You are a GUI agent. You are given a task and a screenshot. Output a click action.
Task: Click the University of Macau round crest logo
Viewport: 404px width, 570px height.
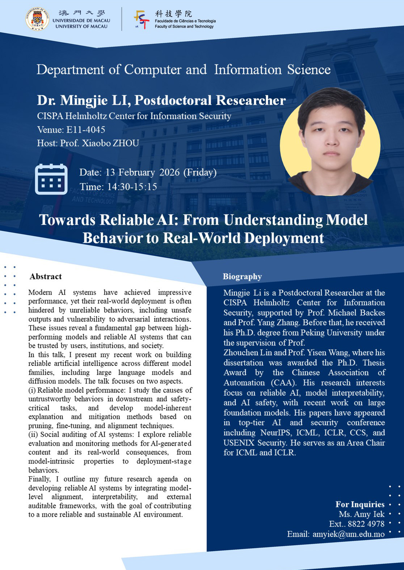37,19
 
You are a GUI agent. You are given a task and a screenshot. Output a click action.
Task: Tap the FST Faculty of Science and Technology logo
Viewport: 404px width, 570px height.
142,20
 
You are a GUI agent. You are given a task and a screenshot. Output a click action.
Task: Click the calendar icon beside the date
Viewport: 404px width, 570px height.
51,179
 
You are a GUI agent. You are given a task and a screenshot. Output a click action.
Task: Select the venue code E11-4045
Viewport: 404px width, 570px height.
86,130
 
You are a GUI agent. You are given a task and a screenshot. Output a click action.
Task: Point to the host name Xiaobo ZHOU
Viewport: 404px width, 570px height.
110,143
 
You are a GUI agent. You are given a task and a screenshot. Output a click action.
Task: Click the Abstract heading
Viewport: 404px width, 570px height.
46,276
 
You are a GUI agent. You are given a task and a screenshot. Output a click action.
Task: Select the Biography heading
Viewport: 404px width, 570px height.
242,276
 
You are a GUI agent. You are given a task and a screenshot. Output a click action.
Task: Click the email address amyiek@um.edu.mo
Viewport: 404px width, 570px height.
348,534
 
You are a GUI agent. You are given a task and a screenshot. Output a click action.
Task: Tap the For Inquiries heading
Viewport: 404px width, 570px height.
360,504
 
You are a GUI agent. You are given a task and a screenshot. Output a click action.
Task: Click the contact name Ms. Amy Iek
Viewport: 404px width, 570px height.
362,514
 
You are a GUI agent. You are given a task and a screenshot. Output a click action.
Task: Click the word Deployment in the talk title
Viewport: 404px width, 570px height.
284,238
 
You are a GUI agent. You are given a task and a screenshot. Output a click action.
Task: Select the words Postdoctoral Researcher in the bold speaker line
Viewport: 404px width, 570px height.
210,100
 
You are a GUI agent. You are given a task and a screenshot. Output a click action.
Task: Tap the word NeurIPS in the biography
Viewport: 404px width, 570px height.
276,433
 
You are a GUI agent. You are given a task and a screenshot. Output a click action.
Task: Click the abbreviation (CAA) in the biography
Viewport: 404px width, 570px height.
283,382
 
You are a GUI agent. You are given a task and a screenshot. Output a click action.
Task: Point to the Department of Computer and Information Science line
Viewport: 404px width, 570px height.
184,70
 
